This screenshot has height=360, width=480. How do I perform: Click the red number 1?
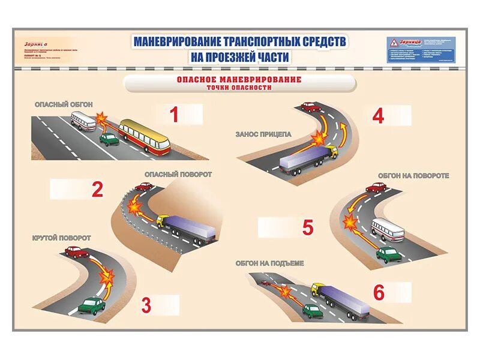pos(174,115)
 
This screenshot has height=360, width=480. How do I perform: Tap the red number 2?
pos(97,190)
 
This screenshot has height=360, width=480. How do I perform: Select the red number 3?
pos(146,305)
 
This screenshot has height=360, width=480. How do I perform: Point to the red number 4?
pos(377,116)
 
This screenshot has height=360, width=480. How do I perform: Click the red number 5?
pos(308,228)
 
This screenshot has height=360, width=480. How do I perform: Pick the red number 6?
pos(379,292)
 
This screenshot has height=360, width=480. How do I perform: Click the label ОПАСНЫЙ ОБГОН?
pos(63,104)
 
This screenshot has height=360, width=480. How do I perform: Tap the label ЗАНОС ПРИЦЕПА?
pos(263,134)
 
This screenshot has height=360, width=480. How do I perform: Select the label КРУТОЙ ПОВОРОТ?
pos(61,238)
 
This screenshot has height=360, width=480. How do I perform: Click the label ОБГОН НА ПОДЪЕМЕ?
pos(270,263)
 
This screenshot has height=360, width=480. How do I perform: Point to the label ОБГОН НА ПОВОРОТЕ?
pos(413,176)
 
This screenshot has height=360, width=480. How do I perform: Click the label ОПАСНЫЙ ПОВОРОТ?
pos(178,174)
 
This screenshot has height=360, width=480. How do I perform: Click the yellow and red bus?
pos(144,136)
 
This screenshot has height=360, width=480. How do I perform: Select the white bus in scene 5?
pos(387,230)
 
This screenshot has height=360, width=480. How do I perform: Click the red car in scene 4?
pos(310,107)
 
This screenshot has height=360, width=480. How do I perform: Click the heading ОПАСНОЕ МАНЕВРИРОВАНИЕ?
pos(239,79)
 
